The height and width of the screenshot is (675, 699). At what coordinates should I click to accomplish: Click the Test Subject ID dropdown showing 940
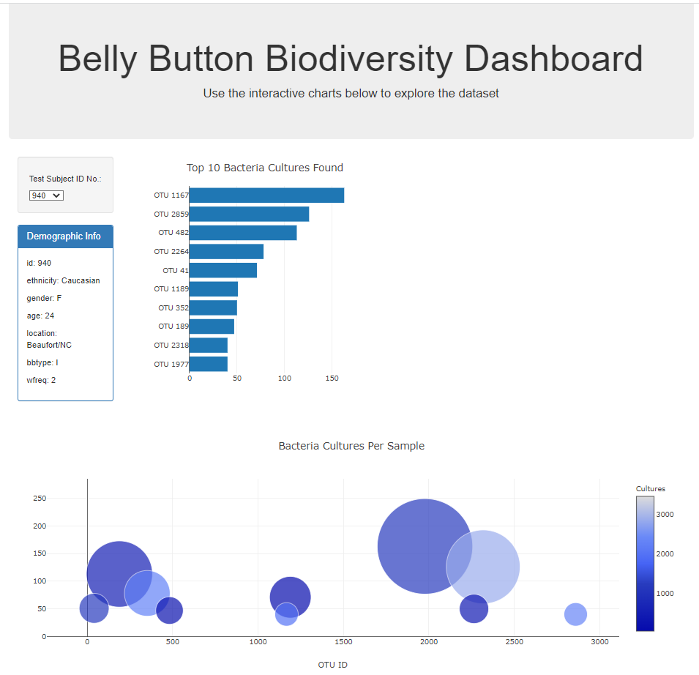coord(47,195)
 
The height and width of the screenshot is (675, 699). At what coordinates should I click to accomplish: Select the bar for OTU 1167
coord(266,195)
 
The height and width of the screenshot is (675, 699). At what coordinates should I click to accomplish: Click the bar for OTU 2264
coord(226,252)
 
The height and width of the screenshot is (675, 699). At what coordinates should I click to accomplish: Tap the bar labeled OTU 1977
coord(209,364)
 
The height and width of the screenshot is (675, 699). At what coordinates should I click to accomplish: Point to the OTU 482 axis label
coord(173,233)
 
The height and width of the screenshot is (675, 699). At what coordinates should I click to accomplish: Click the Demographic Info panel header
coord(64,236)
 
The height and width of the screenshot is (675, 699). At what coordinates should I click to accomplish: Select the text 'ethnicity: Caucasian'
coord(63,280)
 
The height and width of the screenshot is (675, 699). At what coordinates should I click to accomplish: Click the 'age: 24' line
coord(40,316)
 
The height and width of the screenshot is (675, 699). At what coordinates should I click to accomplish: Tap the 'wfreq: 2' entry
coord(41,380)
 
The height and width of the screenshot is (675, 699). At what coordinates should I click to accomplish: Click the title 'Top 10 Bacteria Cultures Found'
coord(265,168)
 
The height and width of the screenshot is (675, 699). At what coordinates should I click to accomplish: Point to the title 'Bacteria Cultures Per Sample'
coord(351,446)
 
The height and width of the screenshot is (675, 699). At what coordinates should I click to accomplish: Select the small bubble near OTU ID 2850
coord(576,614)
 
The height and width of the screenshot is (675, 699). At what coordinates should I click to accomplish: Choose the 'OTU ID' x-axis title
coord(332,665)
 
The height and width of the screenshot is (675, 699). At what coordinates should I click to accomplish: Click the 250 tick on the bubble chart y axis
coord(40,499)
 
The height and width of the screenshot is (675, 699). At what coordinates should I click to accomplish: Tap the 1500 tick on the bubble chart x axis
coord(343,642)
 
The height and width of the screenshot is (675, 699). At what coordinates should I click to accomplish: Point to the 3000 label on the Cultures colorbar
coord(664,515)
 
